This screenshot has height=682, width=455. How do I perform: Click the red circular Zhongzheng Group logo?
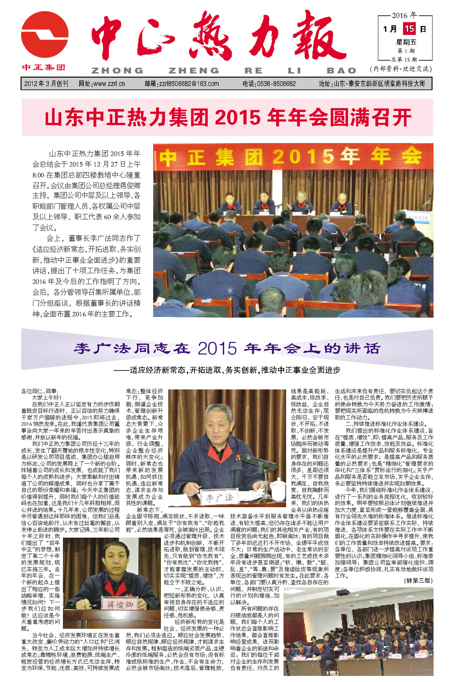pos(45,35)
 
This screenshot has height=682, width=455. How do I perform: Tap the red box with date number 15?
pos(409,29)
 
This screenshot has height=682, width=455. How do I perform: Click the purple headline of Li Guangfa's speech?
pos(227,348)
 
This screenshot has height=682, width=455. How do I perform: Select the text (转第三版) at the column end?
pos(419,580)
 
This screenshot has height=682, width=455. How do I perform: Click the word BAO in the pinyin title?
pos(341,71)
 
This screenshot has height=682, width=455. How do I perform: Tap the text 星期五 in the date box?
pos(406,42)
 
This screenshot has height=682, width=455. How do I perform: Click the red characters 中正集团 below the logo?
pos(44,68)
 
